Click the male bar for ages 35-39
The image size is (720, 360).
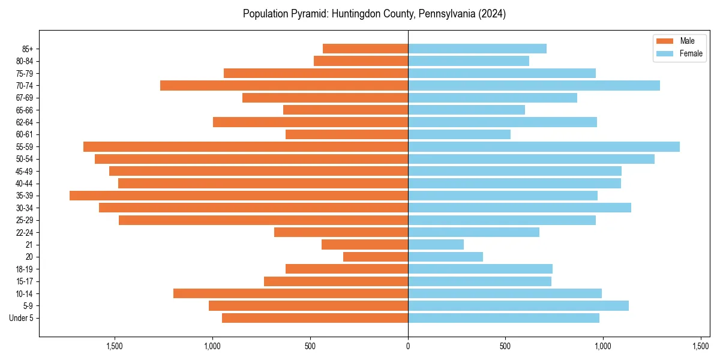pos(239,196)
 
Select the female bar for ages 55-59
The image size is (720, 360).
pos(544,147)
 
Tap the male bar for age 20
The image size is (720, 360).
pos(376,257)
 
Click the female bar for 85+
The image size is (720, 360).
pos(477,49)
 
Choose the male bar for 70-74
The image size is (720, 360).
pos(284,86)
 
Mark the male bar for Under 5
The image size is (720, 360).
pos(315,318)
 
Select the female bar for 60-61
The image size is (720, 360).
pos(459,134)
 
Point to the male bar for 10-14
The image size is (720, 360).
pos(290,293)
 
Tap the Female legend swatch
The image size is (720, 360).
pos(665,53)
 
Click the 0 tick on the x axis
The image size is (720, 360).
pos(408,346)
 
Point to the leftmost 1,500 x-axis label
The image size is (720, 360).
pos(115,346)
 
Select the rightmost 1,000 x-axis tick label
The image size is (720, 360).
pos(603,346)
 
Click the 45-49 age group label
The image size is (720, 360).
pos(24,171)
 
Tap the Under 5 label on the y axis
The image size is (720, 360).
pos(21,318)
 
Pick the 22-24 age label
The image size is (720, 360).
pos(24,233)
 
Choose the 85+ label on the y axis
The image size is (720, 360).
pos(27,49)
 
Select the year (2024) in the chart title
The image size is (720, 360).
pos(491,14)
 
